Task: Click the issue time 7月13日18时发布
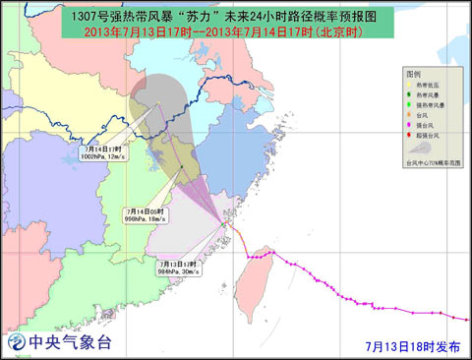(x=407, y=345)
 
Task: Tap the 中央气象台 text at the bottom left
(x=71, y=343)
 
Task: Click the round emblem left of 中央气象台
(x=17, y=343)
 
